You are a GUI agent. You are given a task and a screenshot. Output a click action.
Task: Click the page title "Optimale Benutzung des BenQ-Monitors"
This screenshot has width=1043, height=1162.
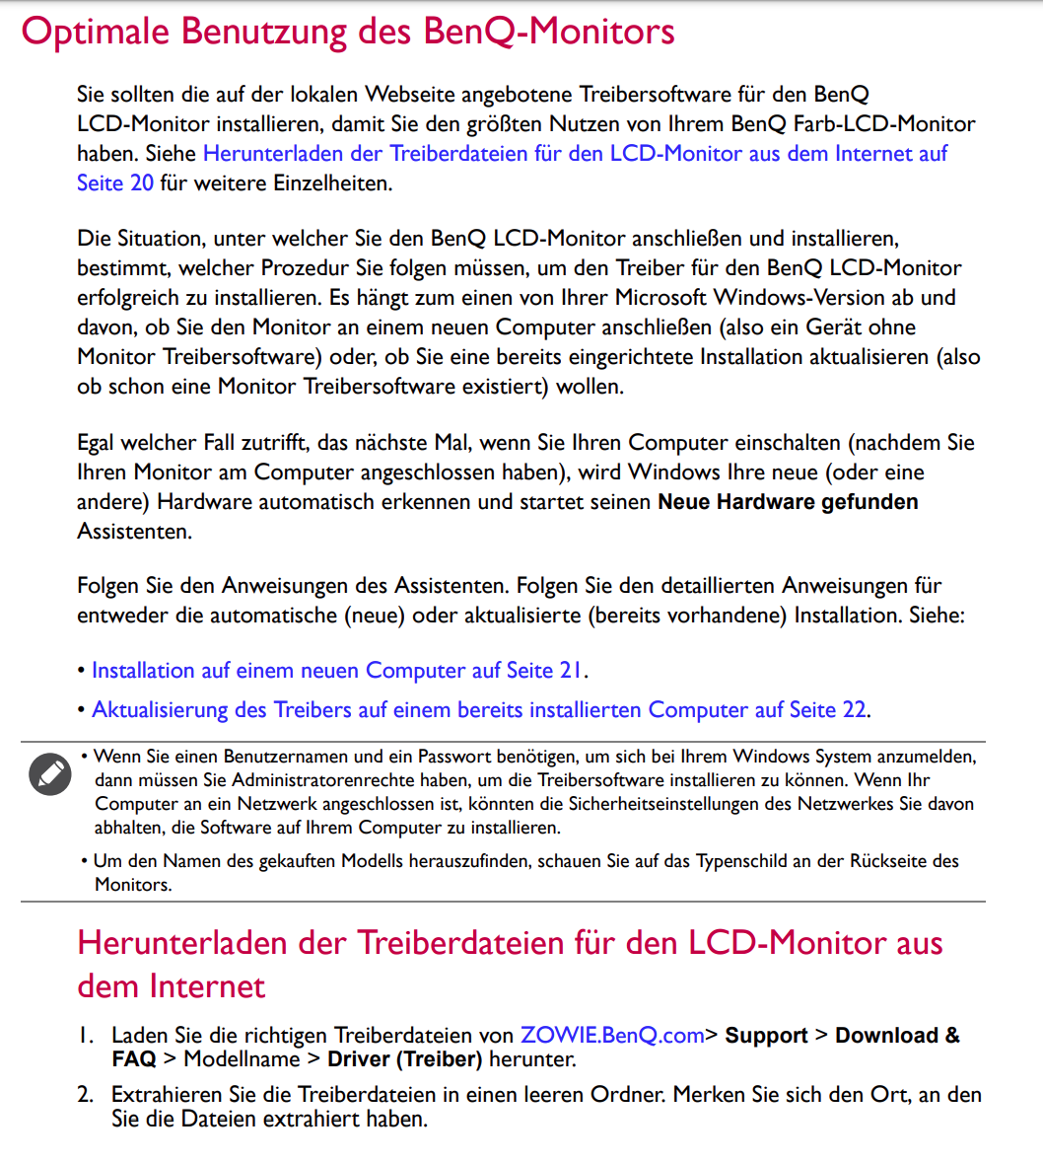coord(347,32)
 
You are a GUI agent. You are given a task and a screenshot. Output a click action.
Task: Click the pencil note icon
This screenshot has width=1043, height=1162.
coord(49,773)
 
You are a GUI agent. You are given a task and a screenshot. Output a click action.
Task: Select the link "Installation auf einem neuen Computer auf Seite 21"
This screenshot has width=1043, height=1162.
coord(337,671)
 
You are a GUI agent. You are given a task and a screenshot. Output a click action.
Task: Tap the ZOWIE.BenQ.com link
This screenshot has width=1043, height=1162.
coord(612,1036)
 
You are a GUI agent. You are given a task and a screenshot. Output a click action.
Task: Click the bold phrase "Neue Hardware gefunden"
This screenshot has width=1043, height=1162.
coord(788,502)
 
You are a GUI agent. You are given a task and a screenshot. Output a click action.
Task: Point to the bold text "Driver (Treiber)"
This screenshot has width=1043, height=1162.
coord(404,1060)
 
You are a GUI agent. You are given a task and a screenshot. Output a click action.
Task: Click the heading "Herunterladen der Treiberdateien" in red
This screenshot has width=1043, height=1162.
coord(510,943)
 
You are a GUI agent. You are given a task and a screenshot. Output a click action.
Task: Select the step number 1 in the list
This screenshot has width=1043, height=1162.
coord(87,1036)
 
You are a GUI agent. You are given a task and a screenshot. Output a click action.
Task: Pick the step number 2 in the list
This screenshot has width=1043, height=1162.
coord(87,1095)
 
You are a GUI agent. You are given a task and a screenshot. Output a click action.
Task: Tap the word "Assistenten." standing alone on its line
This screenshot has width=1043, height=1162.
coord(134,532)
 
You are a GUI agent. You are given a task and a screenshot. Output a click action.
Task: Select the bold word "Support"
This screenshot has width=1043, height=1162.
coord(766,1036)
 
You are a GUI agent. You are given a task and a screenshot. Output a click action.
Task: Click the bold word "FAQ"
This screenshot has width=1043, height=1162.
coord(134,1060)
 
